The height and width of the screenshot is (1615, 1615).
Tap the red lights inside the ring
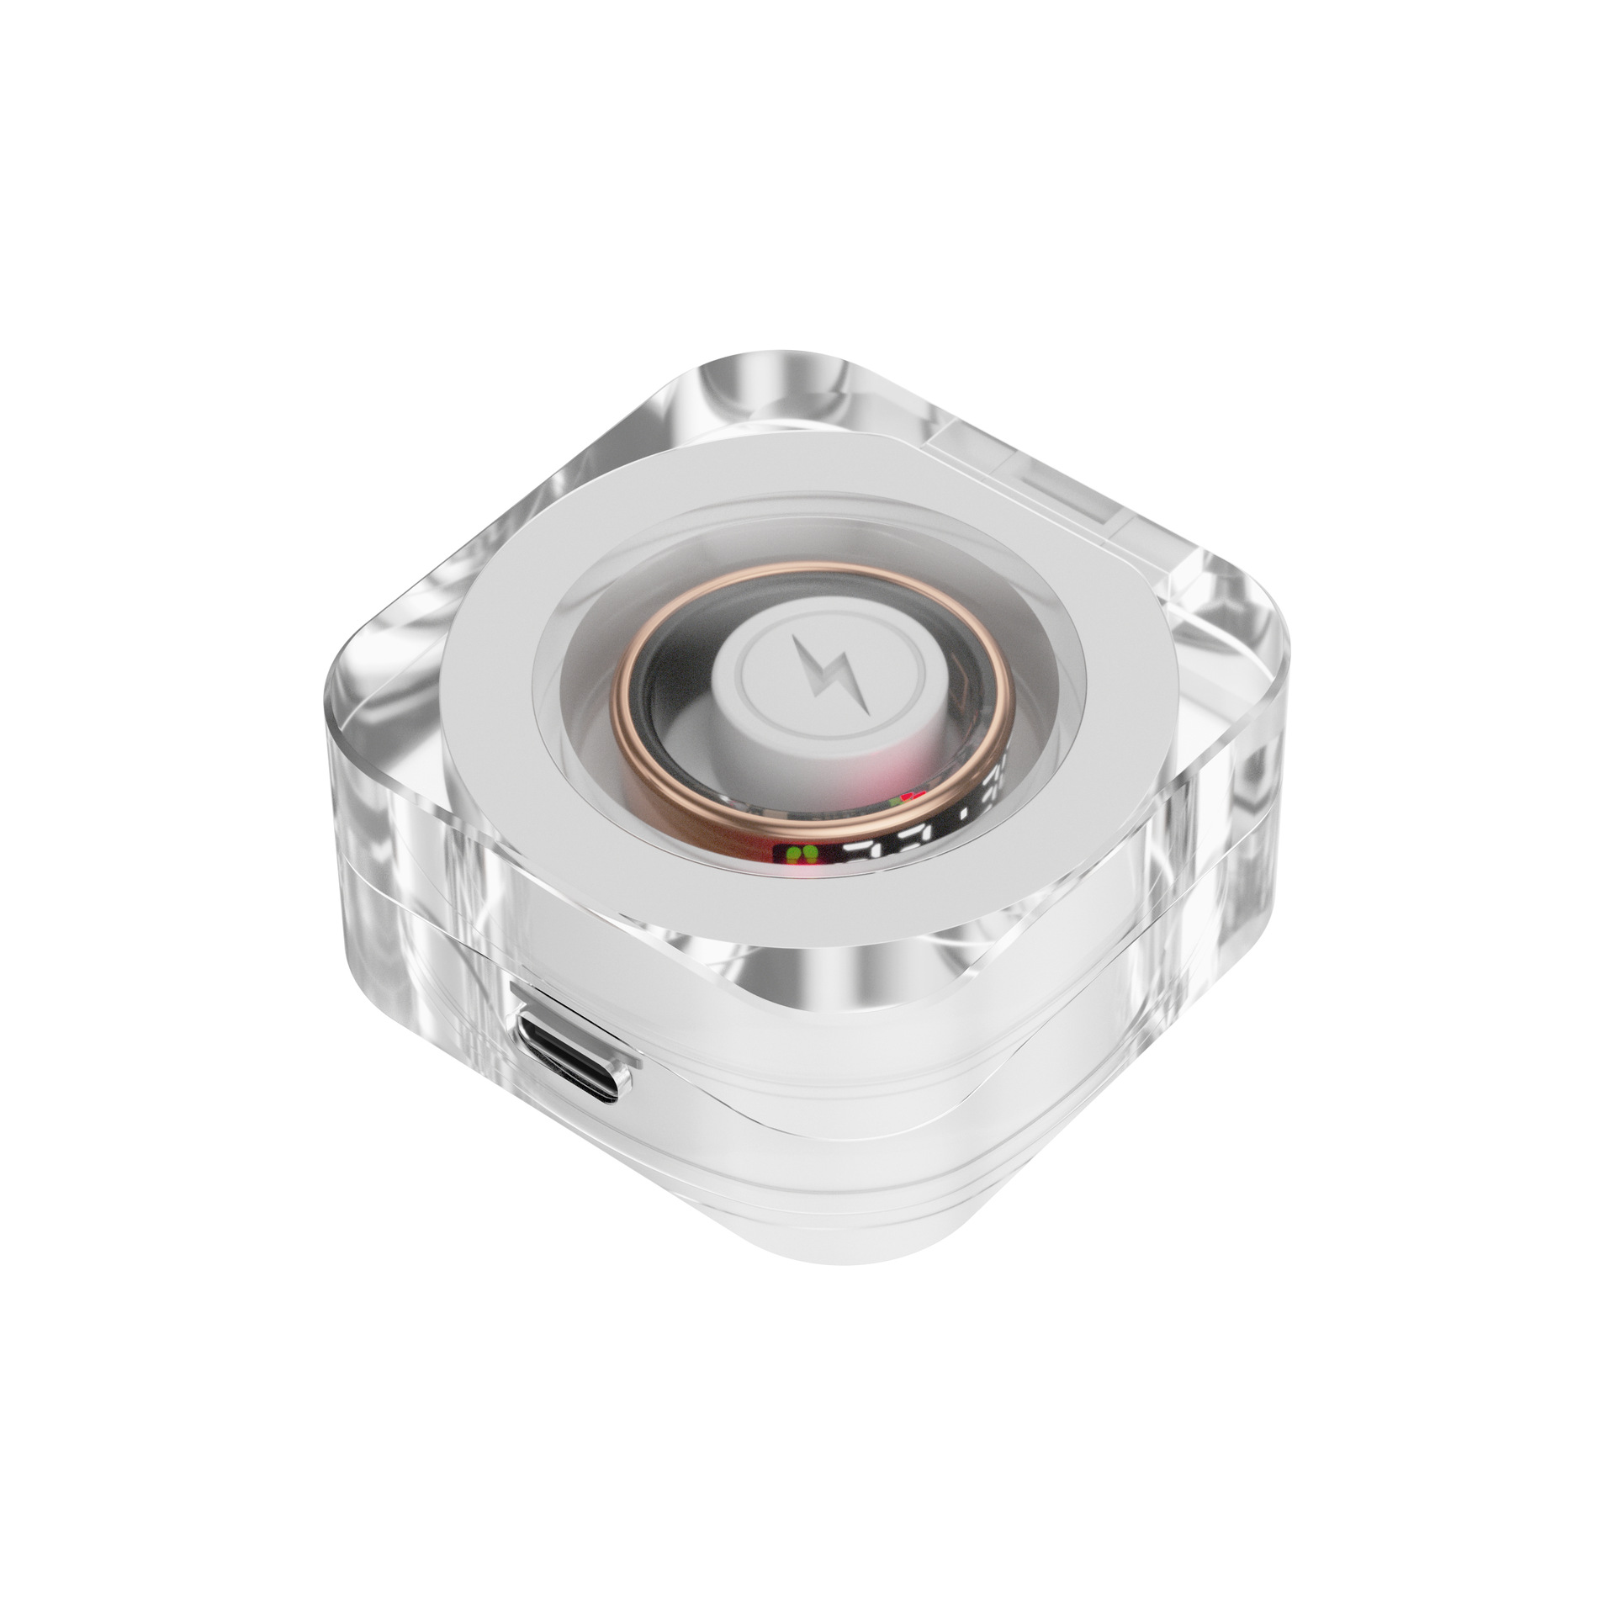913,795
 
